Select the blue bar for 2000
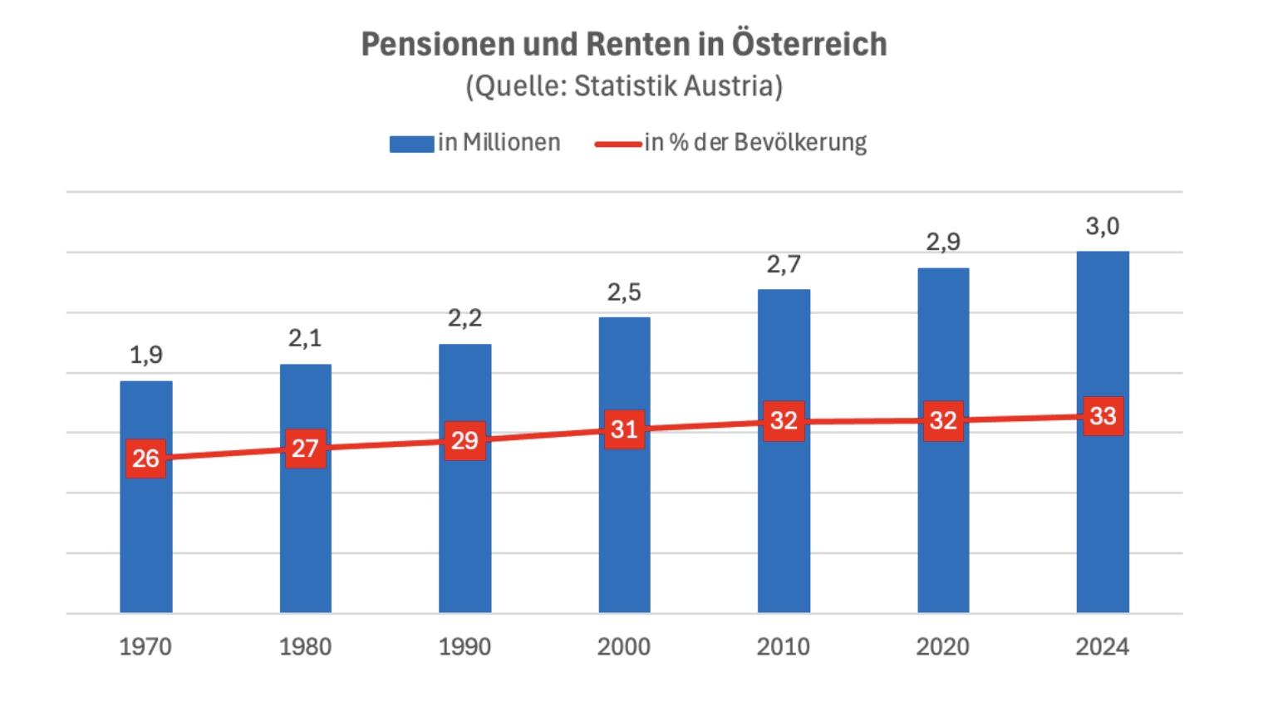624,515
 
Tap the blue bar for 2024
1103,515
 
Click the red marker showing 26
146,458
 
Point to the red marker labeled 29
464,440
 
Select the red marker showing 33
1103,415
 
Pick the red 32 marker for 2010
784,420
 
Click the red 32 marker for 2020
943,420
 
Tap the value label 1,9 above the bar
146,356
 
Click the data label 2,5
624,292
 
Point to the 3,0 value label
1103,226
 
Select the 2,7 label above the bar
784,264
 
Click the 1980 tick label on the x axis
305,646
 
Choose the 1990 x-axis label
464,646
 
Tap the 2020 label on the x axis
943,646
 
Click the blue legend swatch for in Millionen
411,144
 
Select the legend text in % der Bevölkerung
755,143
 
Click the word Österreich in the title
808,44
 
